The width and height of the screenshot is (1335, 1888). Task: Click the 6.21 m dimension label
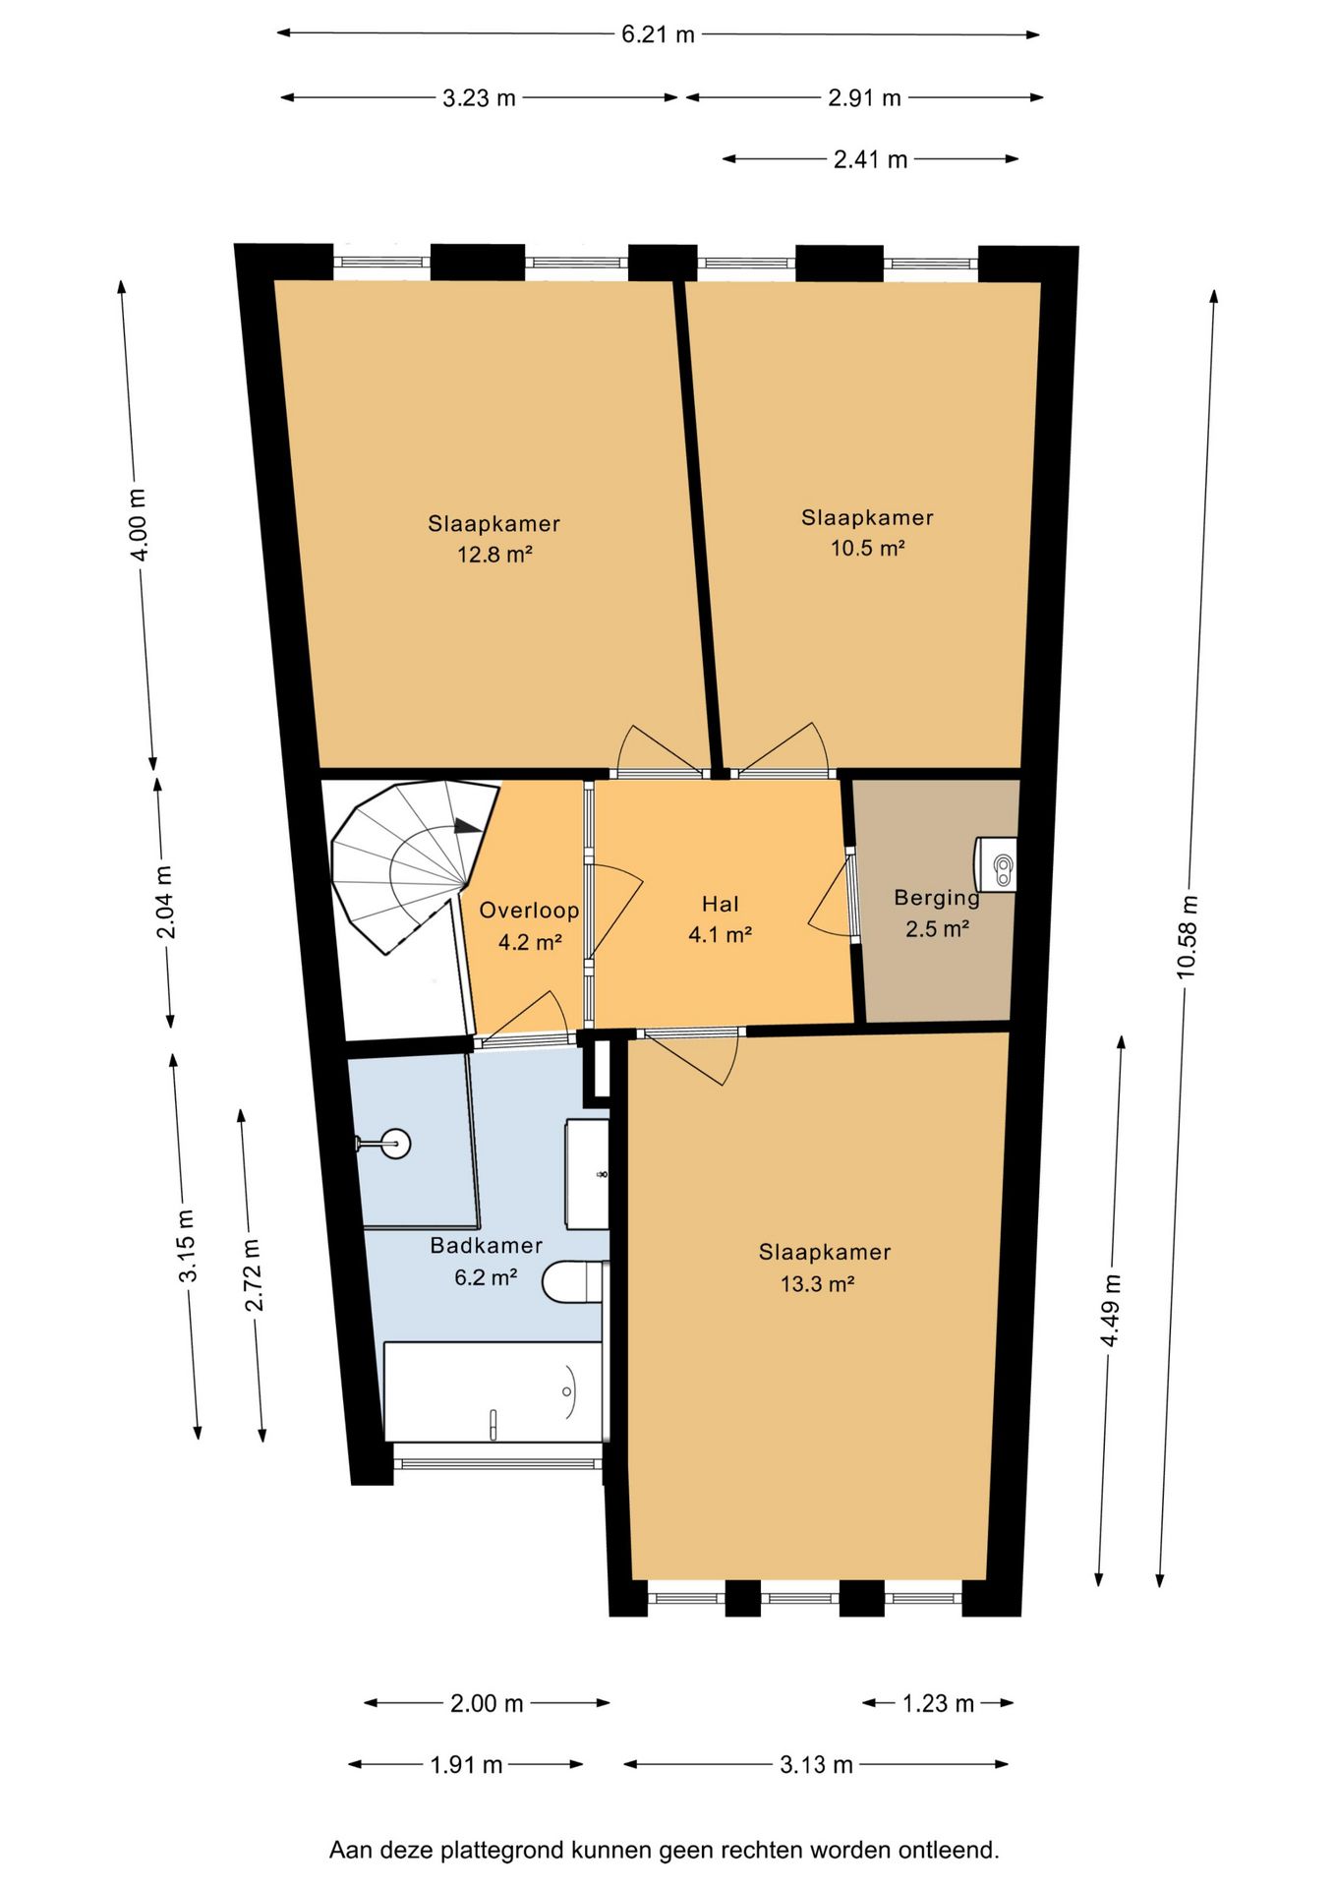[658, 34]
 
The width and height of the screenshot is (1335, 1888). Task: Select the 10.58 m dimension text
[1188, 935]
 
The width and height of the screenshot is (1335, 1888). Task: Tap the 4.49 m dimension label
[1111, 1311]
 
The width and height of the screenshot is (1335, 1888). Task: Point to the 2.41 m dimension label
[870, 159]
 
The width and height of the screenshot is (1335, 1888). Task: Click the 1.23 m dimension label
[938, 1703]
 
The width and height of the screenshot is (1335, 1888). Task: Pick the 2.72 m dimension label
[253, 1274]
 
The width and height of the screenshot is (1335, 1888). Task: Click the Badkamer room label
[487, 1245]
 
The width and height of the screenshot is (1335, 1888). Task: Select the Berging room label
[937, 898]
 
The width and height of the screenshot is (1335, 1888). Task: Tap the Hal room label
[721, 904]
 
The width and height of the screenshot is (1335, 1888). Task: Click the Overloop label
[529, 911]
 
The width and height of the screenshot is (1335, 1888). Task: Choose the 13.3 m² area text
[817, 1283]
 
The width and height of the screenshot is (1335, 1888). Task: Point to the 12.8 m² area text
[494, 554]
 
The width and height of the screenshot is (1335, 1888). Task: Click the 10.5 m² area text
[868, 548]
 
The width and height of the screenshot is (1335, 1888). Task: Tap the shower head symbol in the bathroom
[384, 1143]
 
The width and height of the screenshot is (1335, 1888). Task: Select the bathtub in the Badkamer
[493, 1391]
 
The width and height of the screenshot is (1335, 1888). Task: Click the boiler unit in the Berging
[995, 864]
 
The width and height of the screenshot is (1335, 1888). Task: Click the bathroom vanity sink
[587, 1173]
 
